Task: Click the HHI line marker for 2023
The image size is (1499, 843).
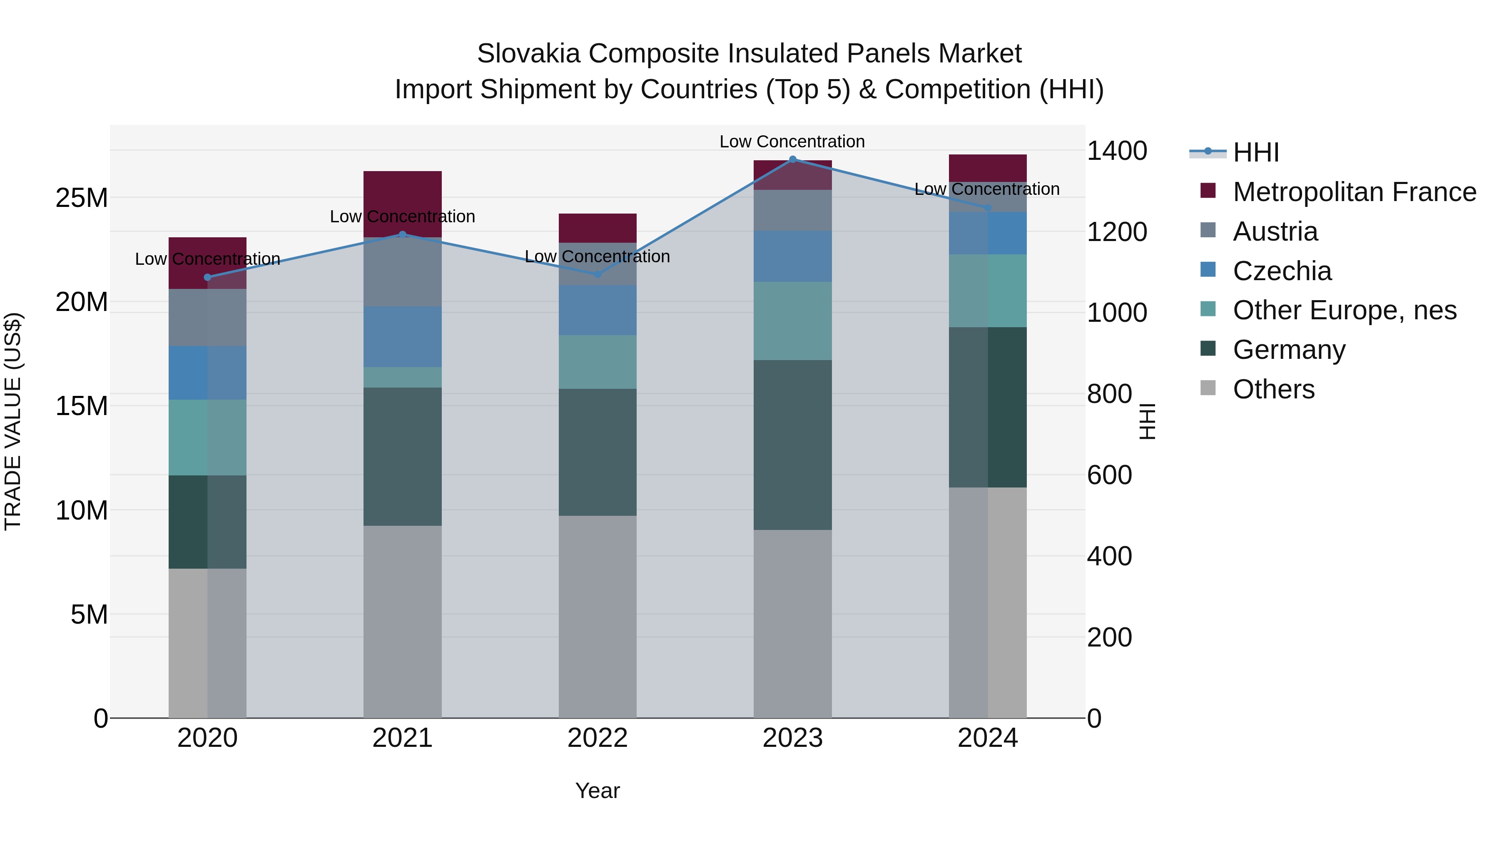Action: coord(792,159)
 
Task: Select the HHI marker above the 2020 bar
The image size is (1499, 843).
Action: coord(208,278)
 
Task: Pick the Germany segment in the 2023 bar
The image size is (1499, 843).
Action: coord(792,445)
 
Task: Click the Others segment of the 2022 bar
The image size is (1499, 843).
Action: coord(597,616)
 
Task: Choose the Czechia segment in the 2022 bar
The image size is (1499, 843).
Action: coord(597,310)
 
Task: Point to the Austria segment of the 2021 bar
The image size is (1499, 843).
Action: coord(402,272)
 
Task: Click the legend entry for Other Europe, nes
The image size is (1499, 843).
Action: coord(1344,310)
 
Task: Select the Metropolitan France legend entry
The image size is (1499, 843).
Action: coord(1354,192)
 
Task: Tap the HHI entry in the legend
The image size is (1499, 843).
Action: coord(1256,152)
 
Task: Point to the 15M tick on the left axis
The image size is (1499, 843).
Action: coord(82,406)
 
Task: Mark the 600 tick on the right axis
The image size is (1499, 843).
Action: coord(1109,475)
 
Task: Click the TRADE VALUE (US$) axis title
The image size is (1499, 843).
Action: coord(13,421)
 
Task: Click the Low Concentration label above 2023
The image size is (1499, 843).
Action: coord(792,142)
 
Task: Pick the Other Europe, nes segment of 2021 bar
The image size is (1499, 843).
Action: coord(402,378)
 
